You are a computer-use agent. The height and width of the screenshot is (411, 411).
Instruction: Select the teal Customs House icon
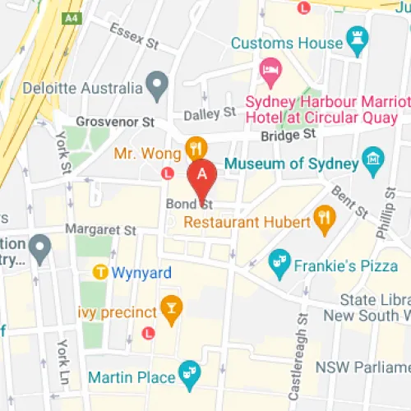point(356,37)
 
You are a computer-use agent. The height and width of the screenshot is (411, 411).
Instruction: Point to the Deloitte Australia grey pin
point(156,83)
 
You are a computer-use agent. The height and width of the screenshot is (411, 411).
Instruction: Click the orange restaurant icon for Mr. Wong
point(195,148)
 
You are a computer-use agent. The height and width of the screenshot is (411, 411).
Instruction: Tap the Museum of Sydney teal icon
point(373,158)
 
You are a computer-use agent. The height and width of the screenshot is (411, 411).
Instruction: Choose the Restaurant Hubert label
point(247,221)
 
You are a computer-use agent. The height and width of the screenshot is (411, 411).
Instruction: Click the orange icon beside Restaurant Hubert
point(326,220)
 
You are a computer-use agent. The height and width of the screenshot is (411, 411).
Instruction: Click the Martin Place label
point(145,377)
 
